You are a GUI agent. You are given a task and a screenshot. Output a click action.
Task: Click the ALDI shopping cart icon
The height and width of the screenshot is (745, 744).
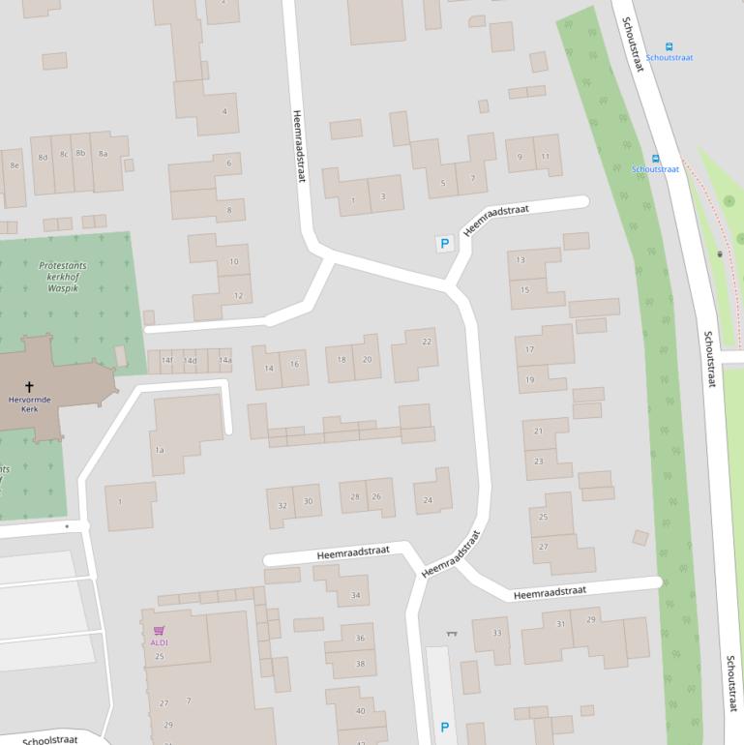(x=159, y=631)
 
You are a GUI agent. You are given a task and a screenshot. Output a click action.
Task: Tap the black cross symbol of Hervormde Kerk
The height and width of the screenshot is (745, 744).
(x=29, y=386)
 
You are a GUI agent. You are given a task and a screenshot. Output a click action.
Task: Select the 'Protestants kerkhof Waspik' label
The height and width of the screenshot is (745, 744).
(x=62, y=276)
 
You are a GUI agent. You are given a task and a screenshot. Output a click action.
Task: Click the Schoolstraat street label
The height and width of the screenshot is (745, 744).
(x=49, y=740)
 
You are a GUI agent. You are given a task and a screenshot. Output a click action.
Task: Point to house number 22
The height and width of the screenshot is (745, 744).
(x=427, y=342)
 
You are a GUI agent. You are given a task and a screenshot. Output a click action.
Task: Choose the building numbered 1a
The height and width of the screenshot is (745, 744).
(x=160, y=450)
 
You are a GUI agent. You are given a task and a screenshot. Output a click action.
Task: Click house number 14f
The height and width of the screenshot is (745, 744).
(x=167, y=361)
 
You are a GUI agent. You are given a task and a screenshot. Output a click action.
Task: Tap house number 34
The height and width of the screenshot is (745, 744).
(x=356, y=595)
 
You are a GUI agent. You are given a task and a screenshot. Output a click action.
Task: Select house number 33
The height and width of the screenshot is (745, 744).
(x=497, y=633)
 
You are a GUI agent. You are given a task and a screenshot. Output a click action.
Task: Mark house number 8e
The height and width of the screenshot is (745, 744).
(x=14, y=165)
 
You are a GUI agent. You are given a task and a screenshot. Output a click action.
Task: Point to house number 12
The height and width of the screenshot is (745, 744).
(x=238, y=295)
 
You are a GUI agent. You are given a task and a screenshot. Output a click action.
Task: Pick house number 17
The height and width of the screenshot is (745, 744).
(x=529, y=349)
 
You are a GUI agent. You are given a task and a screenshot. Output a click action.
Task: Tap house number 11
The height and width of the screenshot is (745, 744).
(x=546, y=157)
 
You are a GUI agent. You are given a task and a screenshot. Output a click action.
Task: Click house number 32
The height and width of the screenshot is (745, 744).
(x=283, y=505)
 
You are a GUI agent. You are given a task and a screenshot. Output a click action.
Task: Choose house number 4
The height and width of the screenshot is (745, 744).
(x=224, y=111)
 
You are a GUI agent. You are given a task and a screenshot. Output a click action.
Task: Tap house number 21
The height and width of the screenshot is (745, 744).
(x=538, y=431)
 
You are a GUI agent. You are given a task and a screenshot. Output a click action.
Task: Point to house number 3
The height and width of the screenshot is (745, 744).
(x=383, y=196)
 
